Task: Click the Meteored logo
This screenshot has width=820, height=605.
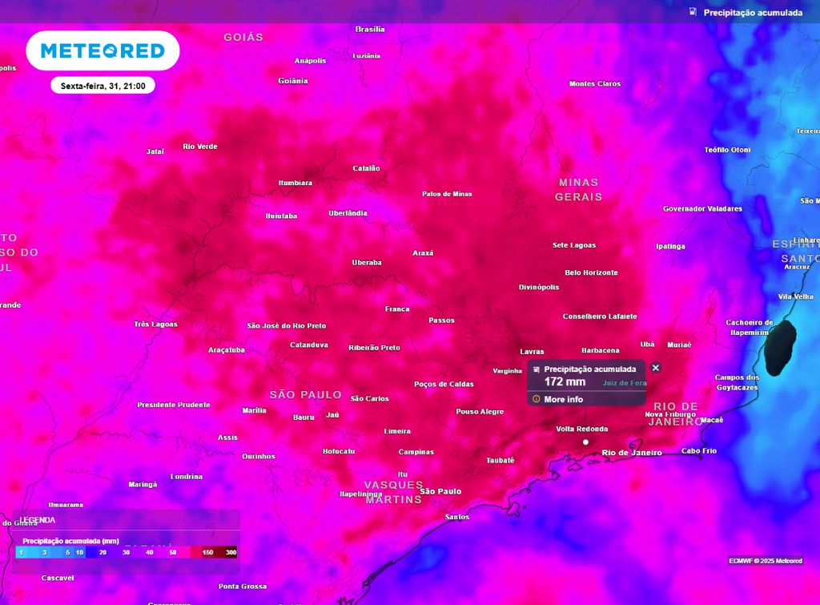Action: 102,51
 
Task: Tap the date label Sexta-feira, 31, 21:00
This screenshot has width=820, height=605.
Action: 102,86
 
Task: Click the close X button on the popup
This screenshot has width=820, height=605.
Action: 656,368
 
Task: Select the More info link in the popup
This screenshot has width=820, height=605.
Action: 563,399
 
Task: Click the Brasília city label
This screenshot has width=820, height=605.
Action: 370,30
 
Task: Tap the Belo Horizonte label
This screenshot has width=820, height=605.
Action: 591,272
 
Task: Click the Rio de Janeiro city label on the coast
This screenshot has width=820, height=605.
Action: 632,453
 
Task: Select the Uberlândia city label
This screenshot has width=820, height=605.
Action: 348,213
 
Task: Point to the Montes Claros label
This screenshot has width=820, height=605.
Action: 594,84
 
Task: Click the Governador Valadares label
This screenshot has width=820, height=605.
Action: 702,209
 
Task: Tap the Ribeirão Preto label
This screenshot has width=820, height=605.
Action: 374,348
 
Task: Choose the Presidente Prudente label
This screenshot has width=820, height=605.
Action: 173,405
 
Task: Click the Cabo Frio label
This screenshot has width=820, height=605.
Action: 698,451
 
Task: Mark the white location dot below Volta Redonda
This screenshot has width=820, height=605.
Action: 585,442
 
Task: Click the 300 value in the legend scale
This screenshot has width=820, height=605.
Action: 231,552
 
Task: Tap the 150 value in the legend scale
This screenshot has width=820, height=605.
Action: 207,552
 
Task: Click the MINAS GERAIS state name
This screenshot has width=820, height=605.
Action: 578,189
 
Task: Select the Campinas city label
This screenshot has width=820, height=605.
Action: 416,452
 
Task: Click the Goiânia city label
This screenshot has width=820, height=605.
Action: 292,81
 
